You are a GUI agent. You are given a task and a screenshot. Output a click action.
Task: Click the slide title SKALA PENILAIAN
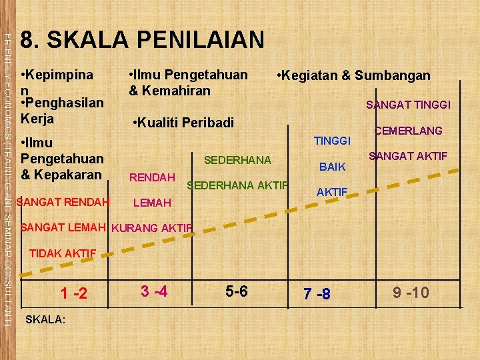(x=143, y=40)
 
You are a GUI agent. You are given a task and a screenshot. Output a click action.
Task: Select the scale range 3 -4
(x=153, y=291)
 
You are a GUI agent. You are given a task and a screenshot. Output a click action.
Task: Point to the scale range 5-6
(x=236, y=291)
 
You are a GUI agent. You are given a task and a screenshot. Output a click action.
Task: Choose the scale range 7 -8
(x=317, y=293)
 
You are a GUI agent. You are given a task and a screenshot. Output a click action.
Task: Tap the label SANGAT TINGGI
(x=409, y=105)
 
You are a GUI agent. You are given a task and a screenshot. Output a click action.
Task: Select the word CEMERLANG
(x=408, y=131)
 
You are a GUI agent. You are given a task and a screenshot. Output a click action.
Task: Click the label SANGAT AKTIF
(x=408, y=156)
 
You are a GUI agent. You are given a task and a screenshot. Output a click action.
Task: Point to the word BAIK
(x=333, y=166)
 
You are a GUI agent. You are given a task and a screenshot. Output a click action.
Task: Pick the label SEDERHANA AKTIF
(x=238, y=185)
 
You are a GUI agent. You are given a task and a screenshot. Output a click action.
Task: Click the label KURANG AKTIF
(x=152, y=228)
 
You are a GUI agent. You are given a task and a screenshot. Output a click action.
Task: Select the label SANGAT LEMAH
(x=63, y=227)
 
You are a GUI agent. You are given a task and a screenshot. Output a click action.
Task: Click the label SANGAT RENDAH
(x=63, y=201)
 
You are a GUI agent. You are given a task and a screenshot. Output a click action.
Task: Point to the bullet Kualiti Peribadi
(x=184, y=123)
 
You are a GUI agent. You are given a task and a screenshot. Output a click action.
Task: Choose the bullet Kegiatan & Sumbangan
(x=354, y=75)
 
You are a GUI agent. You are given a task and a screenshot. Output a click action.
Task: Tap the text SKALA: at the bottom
(x=45, y=319)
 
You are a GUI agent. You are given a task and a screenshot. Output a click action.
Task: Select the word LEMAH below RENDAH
(x=153, y=202)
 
